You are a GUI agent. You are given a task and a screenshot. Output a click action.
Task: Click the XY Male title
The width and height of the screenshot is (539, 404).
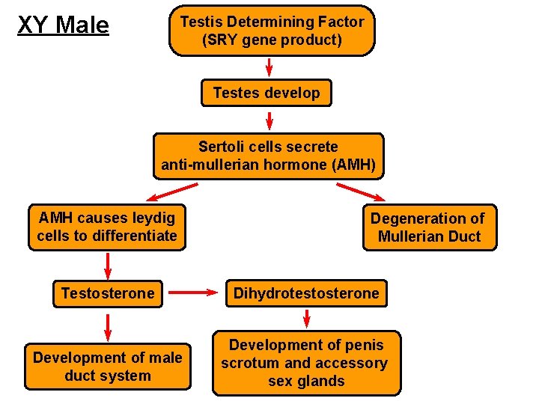coord(63,25)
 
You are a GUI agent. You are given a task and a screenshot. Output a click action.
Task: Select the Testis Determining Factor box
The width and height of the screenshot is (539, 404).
coord(271,31)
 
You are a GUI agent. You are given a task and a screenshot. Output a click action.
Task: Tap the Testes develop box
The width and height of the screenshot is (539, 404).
coord(266,94)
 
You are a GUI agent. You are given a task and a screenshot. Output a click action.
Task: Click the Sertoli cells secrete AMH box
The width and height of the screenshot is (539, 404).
coord(268,156)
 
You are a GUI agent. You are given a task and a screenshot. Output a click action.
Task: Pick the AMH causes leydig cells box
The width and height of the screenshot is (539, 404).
coord(107,227)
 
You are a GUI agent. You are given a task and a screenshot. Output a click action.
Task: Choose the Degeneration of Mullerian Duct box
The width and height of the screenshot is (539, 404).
coord(429,227)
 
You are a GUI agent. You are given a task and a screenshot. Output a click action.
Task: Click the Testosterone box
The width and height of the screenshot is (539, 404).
coord(108,293)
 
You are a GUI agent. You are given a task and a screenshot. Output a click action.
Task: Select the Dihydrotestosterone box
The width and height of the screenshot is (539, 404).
coord(306,293)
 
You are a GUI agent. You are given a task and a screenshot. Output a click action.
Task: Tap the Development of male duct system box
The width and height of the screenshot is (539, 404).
coord(107,367)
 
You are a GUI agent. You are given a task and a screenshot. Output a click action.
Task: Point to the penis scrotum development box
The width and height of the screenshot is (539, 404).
coord(306,363)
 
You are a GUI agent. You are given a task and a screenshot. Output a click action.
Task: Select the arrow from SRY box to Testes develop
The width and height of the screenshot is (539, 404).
coord(269,67)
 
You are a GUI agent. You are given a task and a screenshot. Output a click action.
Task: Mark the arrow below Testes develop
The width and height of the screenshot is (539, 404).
coord(269,120)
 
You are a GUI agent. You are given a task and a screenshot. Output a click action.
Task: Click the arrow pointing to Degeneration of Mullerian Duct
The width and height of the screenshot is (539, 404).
coord(360,192)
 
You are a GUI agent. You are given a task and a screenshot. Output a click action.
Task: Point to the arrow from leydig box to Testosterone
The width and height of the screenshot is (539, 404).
coord(108,265)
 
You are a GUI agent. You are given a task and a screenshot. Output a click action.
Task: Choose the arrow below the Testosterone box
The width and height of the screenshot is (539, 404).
coord(108,327)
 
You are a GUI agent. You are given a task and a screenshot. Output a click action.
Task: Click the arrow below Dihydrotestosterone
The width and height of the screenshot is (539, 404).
coord(306,318)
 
